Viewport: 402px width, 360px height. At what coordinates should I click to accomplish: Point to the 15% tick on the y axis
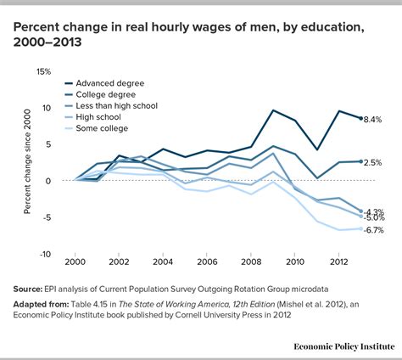click(44, 71)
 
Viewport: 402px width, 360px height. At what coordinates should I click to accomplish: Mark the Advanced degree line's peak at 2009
click(273, 110)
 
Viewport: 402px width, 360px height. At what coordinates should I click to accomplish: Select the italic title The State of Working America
click(191, 302)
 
